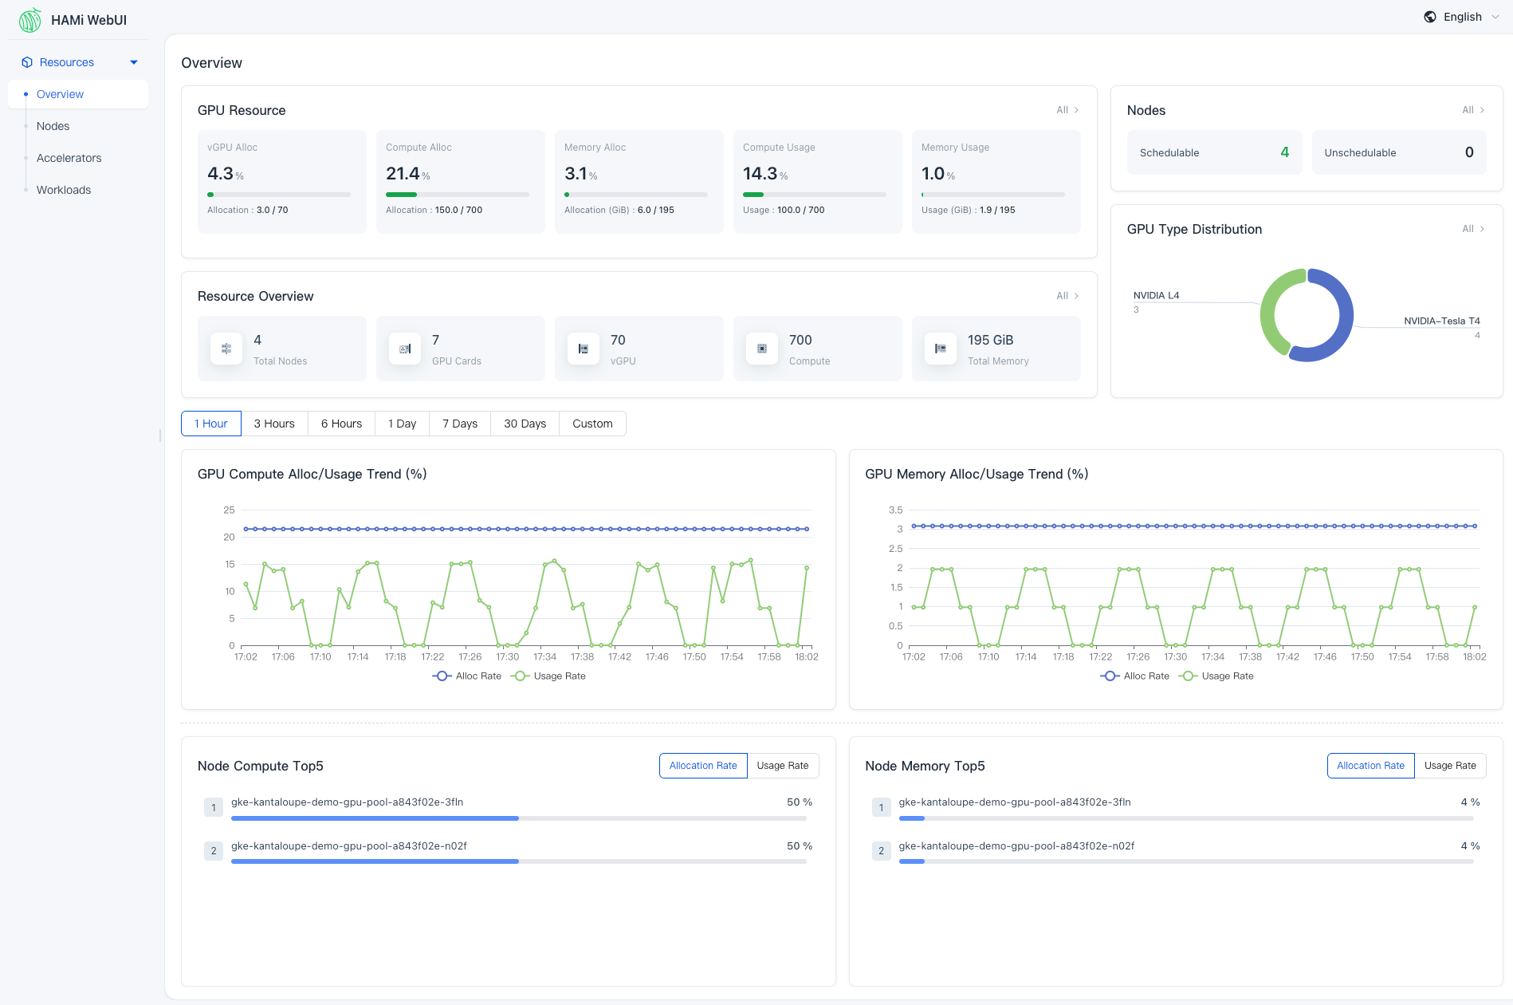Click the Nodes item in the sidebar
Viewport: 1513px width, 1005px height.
point(53,126)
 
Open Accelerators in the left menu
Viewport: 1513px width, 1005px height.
point(69,158)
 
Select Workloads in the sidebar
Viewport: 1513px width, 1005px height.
point(64,190)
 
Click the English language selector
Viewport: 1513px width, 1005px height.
point(1462,17)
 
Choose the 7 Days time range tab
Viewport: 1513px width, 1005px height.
point(460,424)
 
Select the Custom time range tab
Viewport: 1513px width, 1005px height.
point(592,424)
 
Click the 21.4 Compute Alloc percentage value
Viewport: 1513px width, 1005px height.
point(403,174)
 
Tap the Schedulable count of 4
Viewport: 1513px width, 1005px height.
point(1284,152)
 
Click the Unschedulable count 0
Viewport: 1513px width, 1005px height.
point(1468,152)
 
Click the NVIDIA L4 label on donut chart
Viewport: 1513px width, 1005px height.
point(1156,295)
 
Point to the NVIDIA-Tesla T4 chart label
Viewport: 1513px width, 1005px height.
point(1441,321)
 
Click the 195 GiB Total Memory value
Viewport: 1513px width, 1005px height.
point(990,340)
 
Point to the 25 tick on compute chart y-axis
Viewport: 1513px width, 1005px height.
point(229,510)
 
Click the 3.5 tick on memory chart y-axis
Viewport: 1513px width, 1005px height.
point(895,510)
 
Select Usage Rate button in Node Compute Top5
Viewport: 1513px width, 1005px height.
point(782,766)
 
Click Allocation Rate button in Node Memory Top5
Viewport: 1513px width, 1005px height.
point(1370,766)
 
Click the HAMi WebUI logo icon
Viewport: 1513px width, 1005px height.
point(30,20)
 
